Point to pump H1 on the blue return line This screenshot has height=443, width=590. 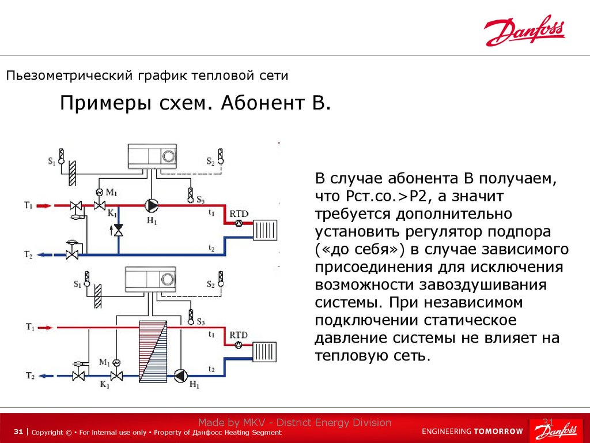tap(180, 376)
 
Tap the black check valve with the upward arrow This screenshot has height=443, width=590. tap(119, 230)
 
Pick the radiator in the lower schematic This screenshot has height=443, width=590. tap(266, 351)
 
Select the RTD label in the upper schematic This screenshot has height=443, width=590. tap(239, 214)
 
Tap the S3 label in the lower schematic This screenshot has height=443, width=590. tap(200, 321)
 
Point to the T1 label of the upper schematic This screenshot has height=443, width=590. tap(28, 205)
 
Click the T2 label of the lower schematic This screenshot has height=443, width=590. tap(29, 376)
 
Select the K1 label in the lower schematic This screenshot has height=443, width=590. tap(105, 384)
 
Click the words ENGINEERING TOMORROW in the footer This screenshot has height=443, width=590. tap(472, 431)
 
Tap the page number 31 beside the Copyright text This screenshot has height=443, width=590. tap(18, 432)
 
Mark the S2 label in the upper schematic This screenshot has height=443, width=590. tap(210, 163)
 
